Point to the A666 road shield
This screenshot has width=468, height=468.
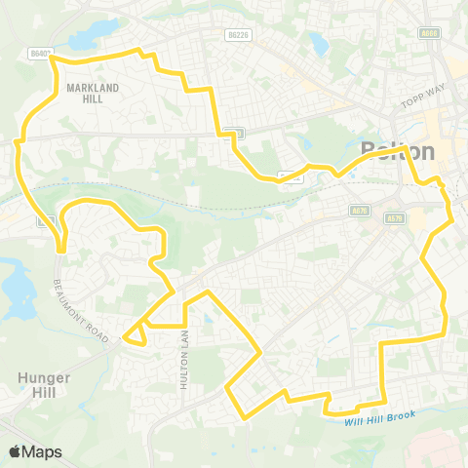pyautogui.click(x=429, y=33)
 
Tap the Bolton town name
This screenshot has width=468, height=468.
pyautogui.click(x=398, y=150)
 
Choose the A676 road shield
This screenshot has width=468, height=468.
pyautogui.click(x=358, y=211)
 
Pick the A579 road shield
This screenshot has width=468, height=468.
pyautogui.click(x=395, y=218)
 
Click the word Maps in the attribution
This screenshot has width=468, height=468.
pyautogui.click(x=44, y=451)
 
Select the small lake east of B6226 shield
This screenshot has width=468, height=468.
pyautogui.click(x=318, y=43)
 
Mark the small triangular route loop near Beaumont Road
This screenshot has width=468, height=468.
pyautogui.click(x=136, y=333)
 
